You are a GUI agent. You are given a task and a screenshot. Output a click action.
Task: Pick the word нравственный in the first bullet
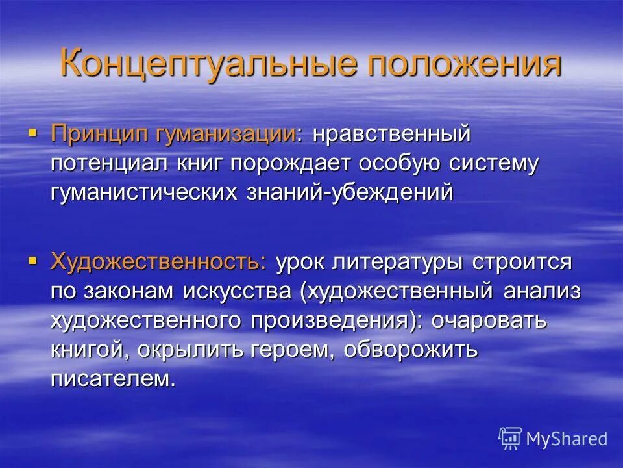(391, 135)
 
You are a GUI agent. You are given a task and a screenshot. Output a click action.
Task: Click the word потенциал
(110, 164)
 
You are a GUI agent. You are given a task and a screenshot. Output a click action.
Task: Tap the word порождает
(282, 164)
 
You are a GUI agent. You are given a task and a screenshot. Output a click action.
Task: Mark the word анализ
(541, 291)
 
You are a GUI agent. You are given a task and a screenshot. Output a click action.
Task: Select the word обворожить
(411, 349)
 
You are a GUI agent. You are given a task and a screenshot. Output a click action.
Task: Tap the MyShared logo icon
(510, 438)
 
